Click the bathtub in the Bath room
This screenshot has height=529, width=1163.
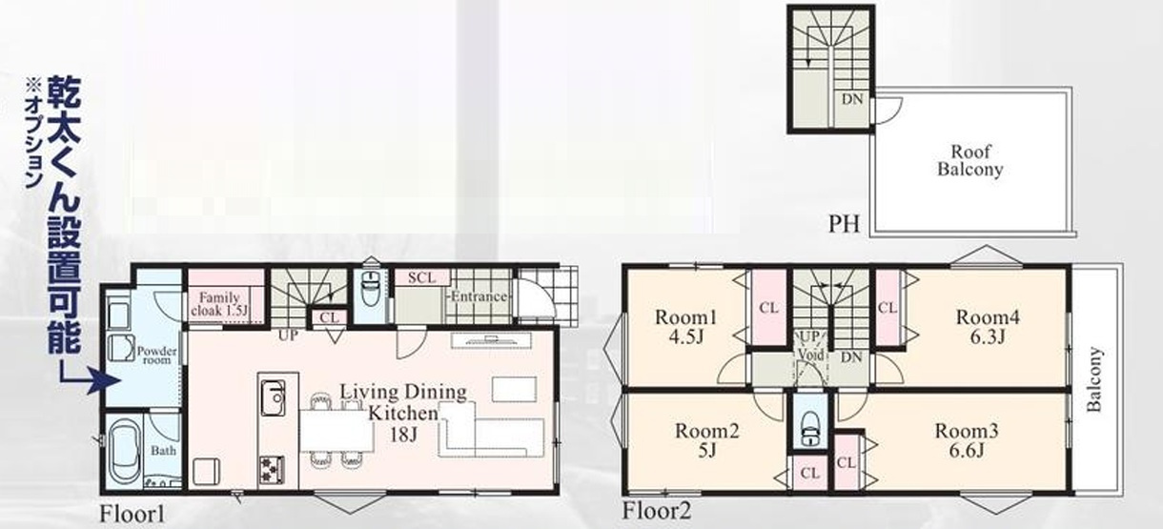(x=125, y=451)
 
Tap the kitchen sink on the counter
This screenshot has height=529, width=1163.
(x=273, y=397)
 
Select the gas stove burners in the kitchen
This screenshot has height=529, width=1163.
(x=272, y=470)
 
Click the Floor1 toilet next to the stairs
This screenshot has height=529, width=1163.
(x=370, y=291)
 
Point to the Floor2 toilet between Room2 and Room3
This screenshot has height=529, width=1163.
(x=810, y=428)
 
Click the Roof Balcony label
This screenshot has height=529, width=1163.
(x=969, y=160)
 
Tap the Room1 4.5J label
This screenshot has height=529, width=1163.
(x=685, y=327)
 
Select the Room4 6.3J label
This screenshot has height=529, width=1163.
(x=988, y=327)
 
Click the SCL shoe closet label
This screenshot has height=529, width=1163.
(x=421, y=277)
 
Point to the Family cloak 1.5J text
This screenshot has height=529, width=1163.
(x=219, y=304)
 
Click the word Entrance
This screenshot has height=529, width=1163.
(x=479, y=296)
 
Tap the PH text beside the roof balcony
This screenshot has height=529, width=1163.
(x=844, y=224)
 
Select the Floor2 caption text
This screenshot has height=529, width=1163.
(x=657, y=511)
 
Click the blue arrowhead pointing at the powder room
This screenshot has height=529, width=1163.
(x=105, y=380)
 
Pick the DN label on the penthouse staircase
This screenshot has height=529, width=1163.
(x=852, y=98)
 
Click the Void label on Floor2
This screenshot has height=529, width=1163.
(x=810, y=356)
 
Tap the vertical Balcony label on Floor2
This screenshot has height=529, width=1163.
(x=1093, y=379)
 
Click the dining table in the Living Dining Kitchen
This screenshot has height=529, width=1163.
(x=337, y=431)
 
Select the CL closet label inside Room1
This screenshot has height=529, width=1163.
(x=768, y=308)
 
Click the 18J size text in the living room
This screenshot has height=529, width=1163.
(x=403, y=434)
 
